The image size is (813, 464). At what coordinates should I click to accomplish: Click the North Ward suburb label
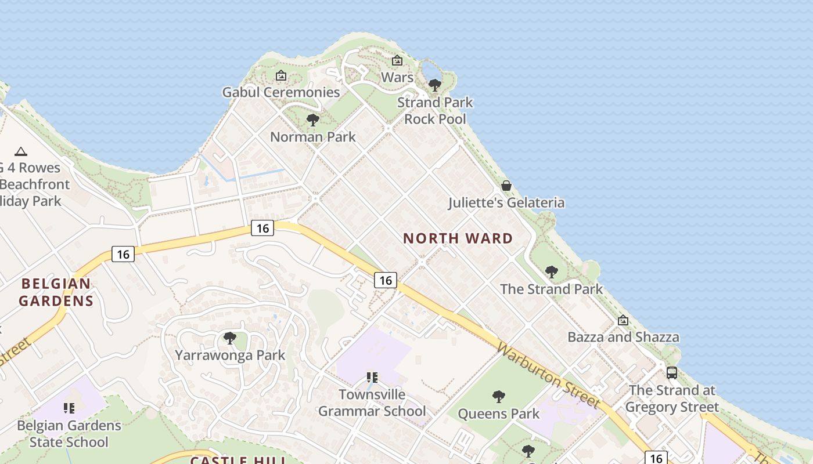(x=458, y=238)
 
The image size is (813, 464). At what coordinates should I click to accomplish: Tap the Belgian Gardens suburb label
(x=56, y=292)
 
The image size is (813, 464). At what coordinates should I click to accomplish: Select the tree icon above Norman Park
(x=313, y=120)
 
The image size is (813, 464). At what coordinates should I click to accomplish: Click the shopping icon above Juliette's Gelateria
(x=506, y=186)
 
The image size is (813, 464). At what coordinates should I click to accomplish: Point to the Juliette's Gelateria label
(x=506, y=202)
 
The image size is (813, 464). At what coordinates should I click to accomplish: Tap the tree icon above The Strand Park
(x=551, y=271)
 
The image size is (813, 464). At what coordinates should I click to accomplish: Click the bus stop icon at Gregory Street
(x=672, y=372)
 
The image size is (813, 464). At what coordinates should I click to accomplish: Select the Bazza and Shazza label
(x=623, y=337)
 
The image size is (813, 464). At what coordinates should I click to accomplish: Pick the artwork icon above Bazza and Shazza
(x=623, y=320)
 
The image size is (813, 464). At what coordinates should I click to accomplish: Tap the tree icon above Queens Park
(x=498, y=397)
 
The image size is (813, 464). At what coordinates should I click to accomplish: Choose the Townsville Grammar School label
(x=372, y=403)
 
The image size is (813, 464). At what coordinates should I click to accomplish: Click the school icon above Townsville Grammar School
(x=372, y=378)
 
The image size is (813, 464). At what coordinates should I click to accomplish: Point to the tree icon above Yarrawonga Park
(x=230, y=338)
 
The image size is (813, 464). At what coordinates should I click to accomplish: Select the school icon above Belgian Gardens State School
(x=69, y=408)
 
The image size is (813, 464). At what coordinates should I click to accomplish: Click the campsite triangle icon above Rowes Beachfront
(x=21, y=151)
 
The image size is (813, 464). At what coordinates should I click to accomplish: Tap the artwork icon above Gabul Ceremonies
(x=281, y=75)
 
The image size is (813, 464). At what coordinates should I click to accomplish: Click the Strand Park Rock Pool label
(x=435, y=111)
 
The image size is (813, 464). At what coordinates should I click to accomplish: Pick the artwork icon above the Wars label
(x=397, y=60)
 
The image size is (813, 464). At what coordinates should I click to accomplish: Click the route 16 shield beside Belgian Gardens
(x=123, y=253)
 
